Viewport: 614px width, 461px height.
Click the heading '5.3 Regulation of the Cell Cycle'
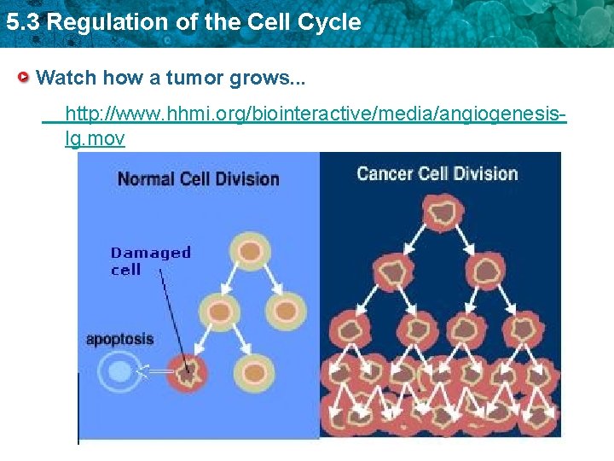182,23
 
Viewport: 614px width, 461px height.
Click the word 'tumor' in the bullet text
194,79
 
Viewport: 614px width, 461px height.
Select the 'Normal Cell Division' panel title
198,179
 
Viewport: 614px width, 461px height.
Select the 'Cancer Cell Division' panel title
437,174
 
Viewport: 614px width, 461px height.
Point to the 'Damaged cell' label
150,260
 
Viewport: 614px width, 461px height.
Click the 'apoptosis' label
119,339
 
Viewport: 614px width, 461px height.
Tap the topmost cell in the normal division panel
249,251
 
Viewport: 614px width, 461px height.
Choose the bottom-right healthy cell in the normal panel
253,371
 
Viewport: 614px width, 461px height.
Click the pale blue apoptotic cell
115,371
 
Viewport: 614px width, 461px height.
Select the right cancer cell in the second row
489,271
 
